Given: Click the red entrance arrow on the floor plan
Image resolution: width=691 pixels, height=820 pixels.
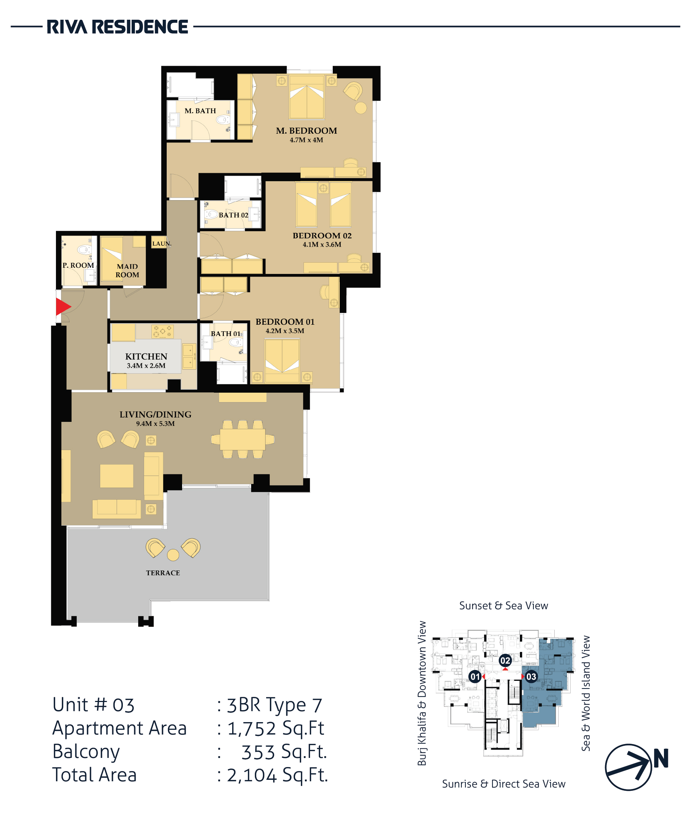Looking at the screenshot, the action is [63, 306].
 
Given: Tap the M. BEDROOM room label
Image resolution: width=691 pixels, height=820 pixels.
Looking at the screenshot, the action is [306, 131].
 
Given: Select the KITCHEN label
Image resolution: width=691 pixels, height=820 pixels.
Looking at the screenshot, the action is [146, 356].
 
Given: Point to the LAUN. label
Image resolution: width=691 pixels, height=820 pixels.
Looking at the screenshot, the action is [162, 244].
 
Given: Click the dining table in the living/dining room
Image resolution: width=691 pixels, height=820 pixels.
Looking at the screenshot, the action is [242, 439].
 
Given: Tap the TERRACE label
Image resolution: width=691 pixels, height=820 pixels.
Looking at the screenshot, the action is [163, 573].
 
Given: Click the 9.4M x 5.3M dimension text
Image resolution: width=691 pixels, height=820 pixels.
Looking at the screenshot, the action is [155, 423].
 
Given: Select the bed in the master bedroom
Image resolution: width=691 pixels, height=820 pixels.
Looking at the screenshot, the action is [307, 97].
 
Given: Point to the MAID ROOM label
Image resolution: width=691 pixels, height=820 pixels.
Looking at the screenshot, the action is [127, 270].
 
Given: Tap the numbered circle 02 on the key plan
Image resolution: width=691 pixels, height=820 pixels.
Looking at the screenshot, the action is [505, 661].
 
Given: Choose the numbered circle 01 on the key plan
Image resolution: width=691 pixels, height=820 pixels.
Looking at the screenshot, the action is [475, 676].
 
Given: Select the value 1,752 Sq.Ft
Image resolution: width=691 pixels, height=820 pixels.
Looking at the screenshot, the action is [276, 729].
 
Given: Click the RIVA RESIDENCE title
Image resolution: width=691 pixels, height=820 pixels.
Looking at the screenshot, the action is [117, 27].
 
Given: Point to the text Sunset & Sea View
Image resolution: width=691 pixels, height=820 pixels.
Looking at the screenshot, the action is [503, 606].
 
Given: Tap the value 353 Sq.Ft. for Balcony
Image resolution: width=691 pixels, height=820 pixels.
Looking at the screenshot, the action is [284, 752].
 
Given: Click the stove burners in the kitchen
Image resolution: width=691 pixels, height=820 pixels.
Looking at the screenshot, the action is [163, 331].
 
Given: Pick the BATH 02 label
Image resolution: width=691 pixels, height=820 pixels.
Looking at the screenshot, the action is [234, 215].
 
